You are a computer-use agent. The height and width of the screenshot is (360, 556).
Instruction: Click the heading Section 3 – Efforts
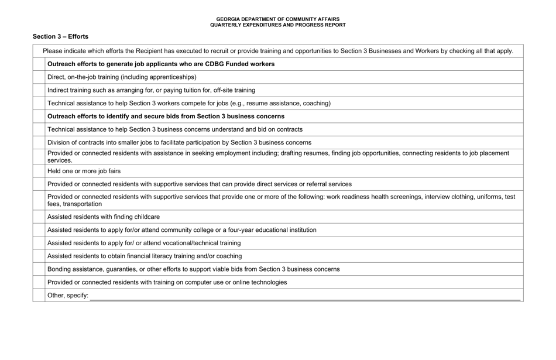[60, 36]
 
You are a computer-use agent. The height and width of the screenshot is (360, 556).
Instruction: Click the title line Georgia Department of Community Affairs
[277, 19]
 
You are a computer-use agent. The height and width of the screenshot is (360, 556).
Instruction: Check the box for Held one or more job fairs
[39, 171]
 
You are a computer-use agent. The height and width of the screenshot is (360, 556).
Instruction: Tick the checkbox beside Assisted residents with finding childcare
[39, 217]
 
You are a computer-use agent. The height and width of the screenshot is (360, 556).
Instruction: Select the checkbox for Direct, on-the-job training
[39, 77]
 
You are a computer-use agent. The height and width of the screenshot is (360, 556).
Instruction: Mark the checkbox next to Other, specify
[39, 296]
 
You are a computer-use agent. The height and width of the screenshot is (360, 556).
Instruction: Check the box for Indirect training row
[39, 90]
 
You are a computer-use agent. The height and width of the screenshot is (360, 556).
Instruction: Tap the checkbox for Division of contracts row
[39, 142]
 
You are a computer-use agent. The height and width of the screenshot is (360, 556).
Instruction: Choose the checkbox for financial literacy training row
[39, 256]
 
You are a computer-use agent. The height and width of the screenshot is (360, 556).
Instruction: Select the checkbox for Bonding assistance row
[39, 269]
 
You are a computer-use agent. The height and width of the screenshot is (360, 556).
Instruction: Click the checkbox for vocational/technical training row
[39, 243]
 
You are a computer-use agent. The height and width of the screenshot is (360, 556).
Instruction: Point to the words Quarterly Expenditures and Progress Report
[277, 25]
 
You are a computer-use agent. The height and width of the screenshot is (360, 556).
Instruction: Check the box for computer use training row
[39, 282]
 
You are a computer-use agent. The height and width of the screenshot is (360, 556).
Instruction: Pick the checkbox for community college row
[39, 230]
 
